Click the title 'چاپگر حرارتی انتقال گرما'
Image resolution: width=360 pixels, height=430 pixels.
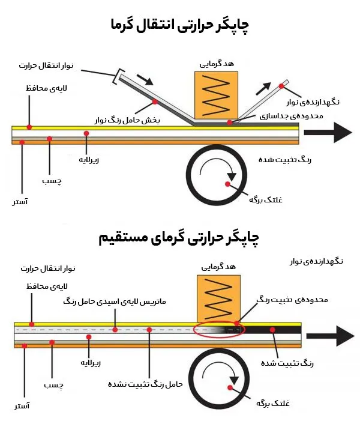[180, 25]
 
